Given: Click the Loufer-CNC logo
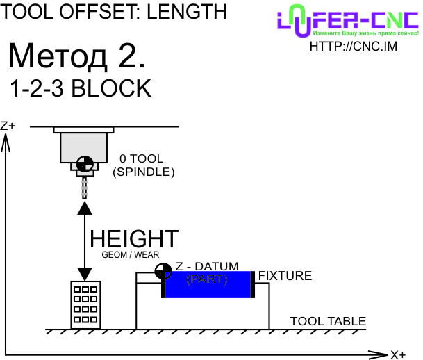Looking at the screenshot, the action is (348, 21).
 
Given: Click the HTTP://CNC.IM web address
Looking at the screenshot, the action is (354, 47).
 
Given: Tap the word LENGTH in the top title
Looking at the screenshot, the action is (187, 12).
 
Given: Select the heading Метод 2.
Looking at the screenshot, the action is (76, 56).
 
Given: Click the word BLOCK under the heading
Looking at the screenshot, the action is (111, 88).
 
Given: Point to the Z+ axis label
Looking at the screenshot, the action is (8, 126).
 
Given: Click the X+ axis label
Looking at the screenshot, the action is (398, 354).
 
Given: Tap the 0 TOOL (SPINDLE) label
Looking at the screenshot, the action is (144, 165).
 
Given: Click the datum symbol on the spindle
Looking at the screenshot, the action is (85, 164).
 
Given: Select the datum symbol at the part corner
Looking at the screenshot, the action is (163, 271).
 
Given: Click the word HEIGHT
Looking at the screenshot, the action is (134, 239).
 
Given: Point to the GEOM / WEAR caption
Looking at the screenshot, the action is (131, 255).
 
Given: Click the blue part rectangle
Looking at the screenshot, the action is (208, 284).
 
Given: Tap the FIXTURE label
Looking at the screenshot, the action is (285, 276).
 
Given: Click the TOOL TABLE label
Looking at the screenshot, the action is (328, 321).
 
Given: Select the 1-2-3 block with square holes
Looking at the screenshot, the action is (85, 305).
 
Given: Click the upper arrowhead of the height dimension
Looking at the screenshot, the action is (85, 208).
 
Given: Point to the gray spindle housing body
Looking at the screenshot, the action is (83, 147).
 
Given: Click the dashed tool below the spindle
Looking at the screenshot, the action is (85, 188).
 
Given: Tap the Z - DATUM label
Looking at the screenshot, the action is (207, 266).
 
